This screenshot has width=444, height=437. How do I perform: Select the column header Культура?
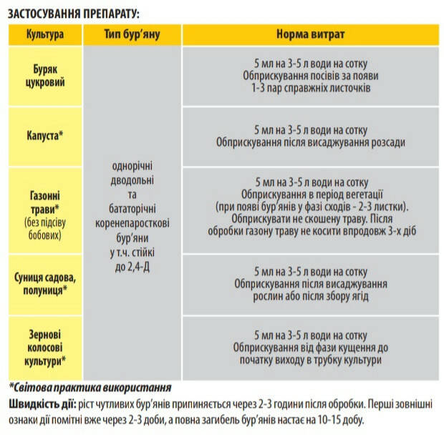(44, 34)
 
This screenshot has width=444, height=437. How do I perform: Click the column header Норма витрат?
(310, 34)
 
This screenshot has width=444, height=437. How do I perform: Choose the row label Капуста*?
(44, 135)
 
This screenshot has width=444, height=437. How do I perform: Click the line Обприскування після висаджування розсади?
(311, 142)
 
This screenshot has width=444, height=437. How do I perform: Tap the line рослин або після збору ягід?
(311, 296)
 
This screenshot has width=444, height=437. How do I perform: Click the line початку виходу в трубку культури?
(311, 360)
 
